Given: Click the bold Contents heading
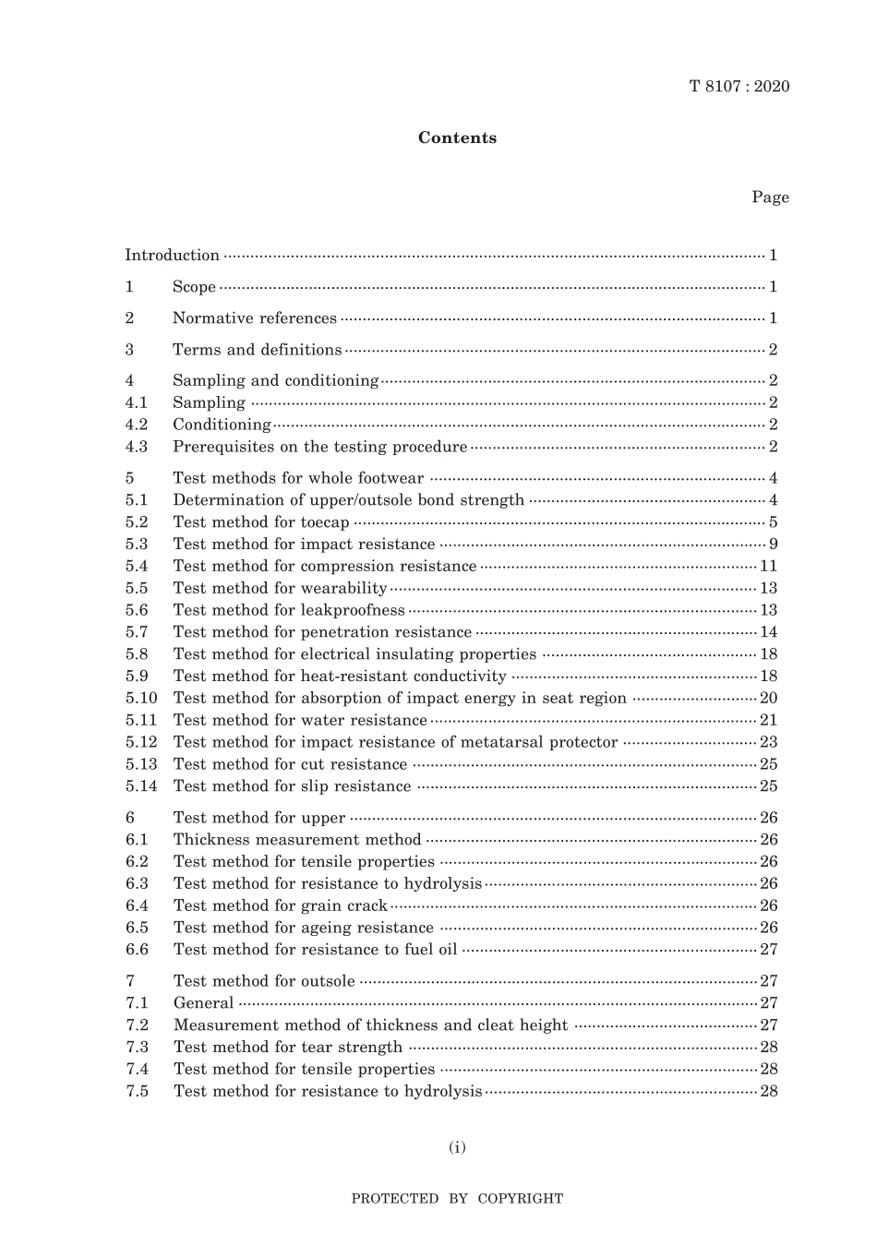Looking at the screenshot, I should coord(457,138).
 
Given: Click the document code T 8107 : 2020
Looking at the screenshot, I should coord(739,87).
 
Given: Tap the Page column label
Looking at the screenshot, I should coord(770,198).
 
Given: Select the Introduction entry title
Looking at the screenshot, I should coord(173,256).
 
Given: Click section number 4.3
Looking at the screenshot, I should coord(137,447).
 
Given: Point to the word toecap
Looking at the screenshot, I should coord(325,522).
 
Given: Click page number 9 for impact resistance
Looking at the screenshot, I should coord(773,545).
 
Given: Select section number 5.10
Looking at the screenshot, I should coord(141,699).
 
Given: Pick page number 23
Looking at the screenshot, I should coord(768,742).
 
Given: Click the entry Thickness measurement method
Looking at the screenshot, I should coord(296,840).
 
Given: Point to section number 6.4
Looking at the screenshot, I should coord(137,906).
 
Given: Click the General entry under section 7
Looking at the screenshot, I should coord(203,1003).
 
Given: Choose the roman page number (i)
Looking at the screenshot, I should coord(457,1148).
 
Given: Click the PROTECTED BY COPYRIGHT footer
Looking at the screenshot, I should coord(457,1199).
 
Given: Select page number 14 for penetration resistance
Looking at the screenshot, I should coord(768,632).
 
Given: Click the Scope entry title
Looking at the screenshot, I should coord(194,287).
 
